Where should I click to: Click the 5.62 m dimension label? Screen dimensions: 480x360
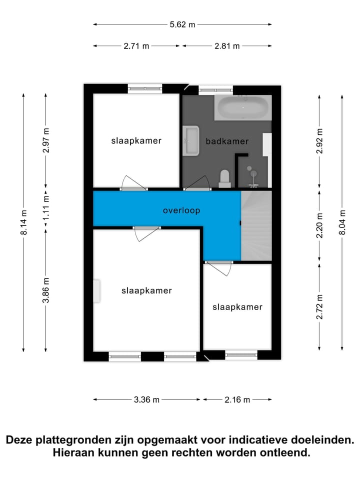click(182, 24)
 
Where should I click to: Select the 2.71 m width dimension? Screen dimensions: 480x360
click(136, 46)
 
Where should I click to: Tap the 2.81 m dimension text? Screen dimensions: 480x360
click(227, 46)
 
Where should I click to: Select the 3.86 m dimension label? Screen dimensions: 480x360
click(46, 290)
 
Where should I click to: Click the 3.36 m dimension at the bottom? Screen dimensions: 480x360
click(147, 399)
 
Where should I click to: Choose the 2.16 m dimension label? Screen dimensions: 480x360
click(237, 399)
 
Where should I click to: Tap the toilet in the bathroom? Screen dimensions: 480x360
click(224, 178)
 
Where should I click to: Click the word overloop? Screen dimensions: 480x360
click(181, 210)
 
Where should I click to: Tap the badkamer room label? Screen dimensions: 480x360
click(227, 141)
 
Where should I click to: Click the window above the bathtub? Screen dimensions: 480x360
click(215, 90)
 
